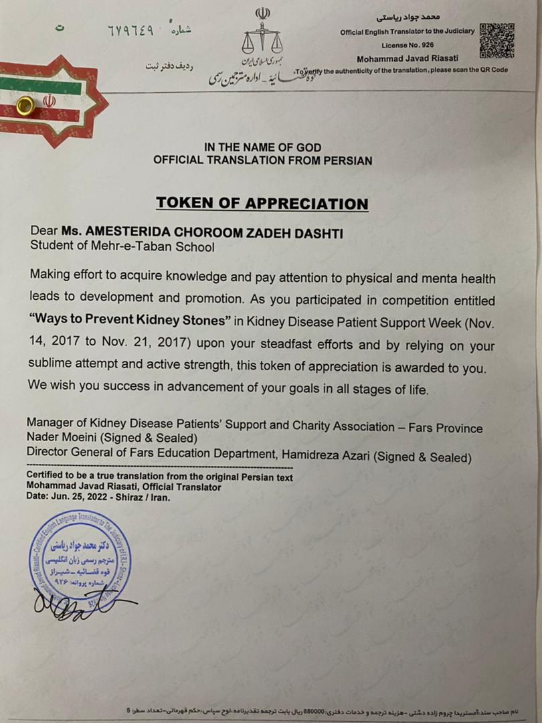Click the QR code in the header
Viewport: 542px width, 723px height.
coord(496,42)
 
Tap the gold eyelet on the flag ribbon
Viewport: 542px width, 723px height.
coord(26,105)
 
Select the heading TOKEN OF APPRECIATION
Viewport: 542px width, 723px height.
coord(262,204)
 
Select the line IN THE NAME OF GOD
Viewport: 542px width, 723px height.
coord(262,148)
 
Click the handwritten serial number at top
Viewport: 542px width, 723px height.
coord(130,31)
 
